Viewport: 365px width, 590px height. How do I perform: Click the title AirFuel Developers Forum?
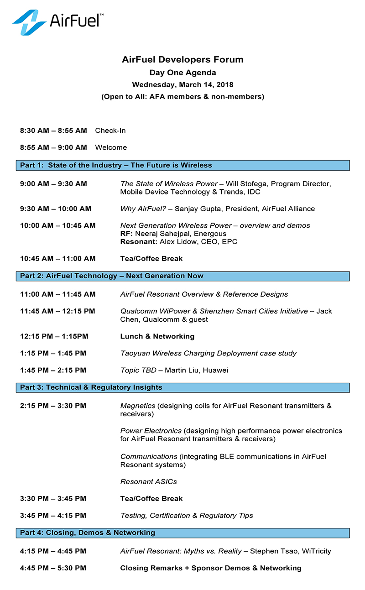[182, 59]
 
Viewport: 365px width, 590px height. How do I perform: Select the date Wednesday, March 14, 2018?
[182, 84]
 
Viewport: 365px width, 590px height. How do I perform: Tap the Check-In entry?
[110, 131]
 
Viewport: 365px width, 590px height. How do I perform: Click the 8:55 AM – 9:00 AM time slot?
[53, 147]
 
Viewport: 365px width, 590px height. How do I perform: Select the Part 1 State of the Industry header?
[116, 165]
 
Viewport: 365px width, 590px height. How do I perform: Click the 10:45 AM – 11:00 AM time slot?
[58, 259]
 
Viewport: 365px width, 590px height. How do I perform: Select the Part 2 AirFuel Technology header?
[112, 276]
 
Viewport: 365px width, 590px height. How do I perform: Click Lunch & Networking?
[157, 336]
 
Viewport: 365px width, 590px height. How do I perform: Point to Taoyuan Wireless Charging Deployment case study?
[209, 353]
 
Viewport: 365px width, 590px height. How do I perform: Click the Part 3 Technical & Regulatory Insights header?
[91, 387]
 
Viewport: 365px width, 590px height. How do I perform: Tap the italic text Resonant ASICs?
[149, 481]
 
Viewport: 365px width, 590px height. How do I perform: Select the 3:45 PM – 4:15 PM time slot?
[53, 516]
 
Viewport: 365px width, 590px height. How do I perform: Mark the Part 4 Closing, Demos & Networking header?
[88, 533]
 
